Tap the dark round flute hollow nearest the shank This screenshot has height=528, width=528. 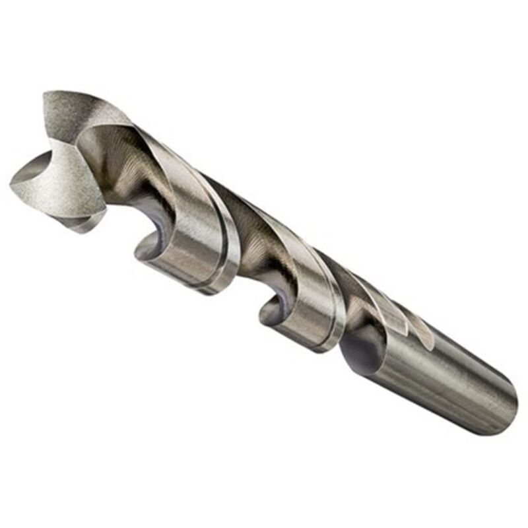360,350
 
